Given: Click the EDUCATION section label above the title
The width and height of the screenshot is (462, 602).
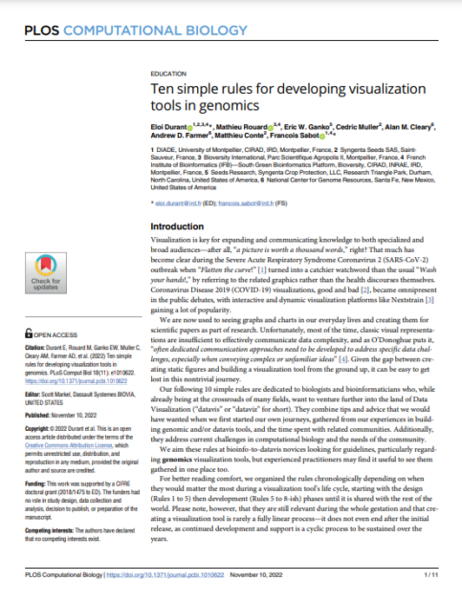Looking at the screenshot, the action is pos(170,74).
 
